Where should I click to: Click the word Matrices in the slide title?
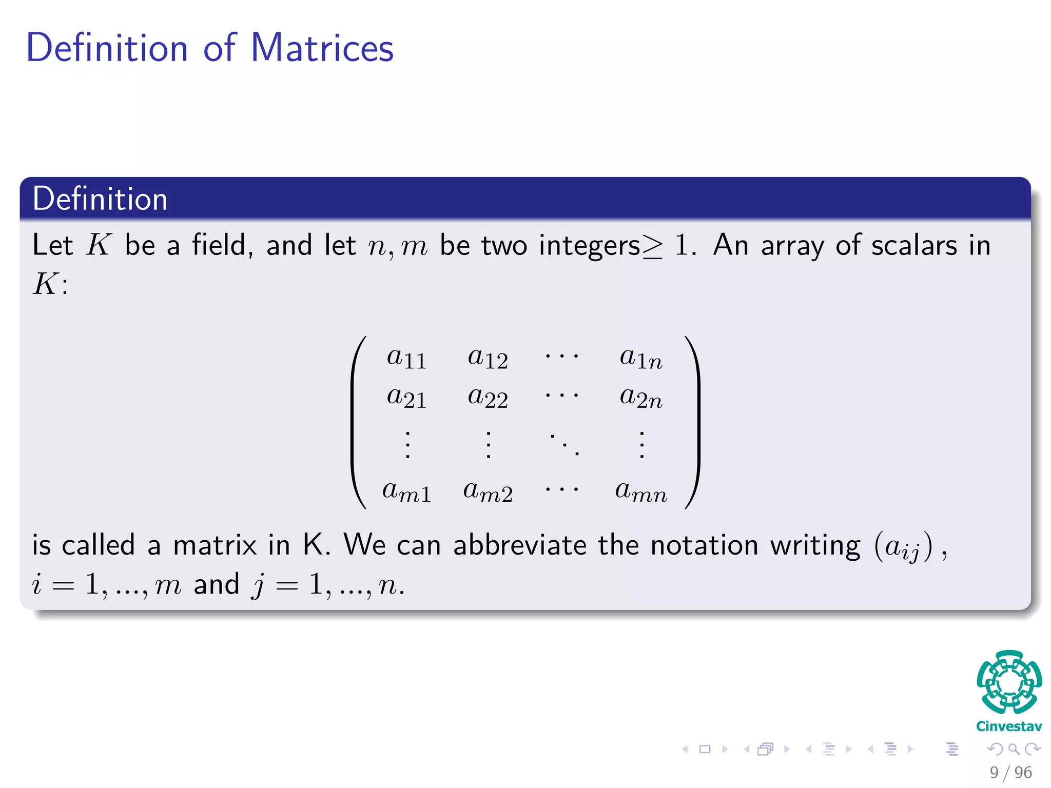[x=322, y=48]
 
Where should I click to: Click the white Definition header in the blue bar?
[x=100, y=199]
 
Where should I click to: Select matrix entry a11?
[x=406, y=358]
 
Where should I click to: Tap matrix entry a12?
[x=488, y=358]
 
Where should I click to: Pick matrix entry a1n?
[x=641, y=358]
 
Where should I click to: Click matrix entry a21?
[x=406, y=397]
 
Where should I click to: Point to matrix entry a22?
[x=488, y=397]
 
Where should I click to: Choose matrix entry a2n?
[x=641, y=397]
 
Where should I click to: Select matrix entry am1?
[x=406, y=491]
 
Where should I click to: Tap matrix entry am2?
[x=488, y=491]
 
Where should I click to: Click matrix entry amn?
[x=641, y=491]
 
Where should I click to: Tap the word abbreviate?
[x=519, y=545]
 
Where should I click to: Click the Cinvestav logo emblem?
[x=1009, y=682]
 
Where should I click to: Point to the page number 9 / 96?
[x=1010, y=772]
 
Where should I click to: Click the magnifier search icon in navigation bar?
[x=1014, y=749]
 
